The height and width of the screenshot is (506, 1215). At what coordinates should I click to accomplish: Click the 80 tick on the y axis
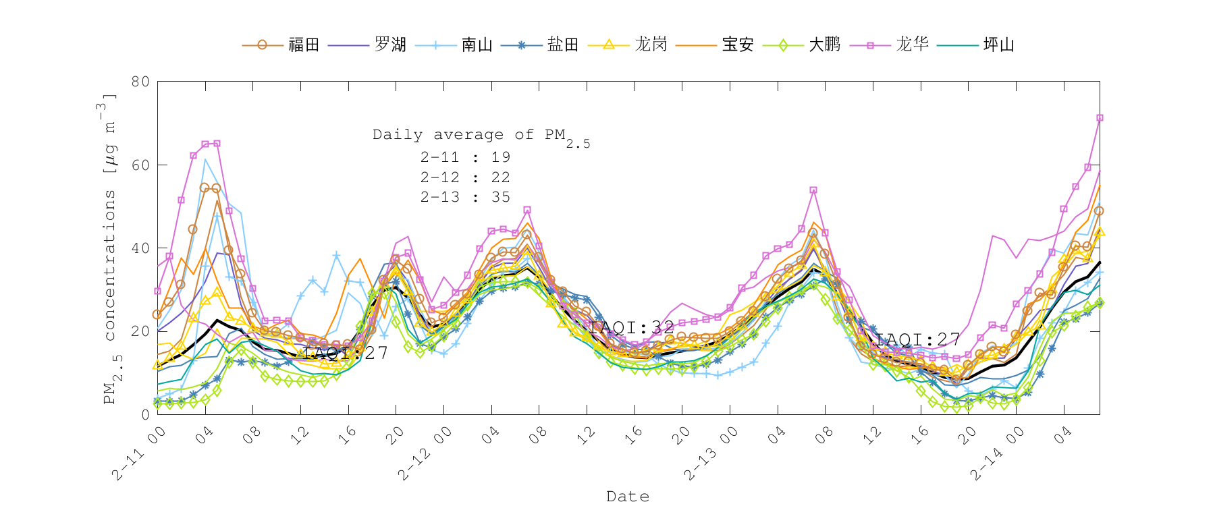[x=140, y=82]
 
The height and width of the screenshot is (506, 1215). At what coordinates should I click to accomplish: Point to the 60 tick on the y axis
[x=140, y=165]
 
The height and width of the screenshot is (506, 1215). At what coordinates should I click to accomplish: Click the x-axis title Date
[x=628, y=497]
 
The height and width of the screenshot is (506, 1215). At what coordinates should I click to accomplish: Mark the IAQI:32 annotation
[x=632, y=328]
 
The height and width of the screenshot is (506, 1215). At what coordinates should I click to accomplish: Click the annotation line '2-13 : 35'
[x=465, y=197]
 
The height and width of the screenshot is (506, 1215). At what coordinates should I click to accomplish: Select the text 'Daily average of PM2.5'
[x=481, y=136]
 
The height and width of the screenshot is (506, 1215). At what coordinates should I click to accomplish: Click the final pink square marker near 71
[x=1100, y=118]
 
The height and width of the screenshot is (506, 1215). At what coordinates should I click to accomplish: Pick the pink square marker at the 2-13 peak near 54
[x=813, y=190]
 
